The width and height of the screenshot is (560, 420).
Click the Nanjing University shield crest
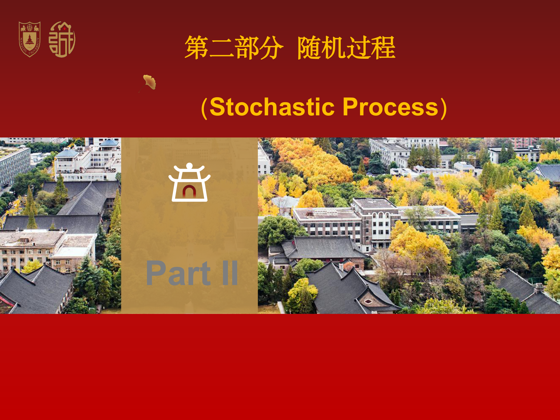pyautogui.click(x=30, y=39)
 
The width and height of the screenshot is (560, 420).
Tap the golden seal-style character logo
pyautogui.click(x=62, y=39)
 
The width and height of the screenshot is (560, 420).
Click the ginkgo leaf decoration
pyautogui.click(x=148, y=83)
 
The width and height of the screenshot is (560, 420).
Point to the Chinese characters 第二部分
pyautogui.click(x=234, y=48)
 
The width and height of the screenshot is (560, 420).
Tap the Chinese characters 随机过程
pyautogui.click(x=346, y=48)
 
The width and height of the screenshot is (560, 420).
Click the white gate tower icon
pyautogui.click(x=189, y=182)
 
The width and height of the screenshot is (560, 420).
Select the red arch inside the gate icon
pyautogui.click(x=189, y=191)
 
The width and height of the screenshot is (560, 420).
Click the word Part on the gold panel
pyautogui.click(x=178, y=273)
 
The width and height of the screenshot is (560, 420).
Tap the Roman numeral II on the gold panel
pyautogui.click(x=230, y=273)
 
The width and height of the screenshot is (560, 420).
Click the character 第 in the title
pyautogui.click(x=197, y=48)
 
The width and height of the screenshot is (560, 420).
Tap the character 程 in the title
pyautogui.click(x=384, y=48)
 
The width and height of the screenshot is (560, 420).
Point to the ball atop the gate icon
pyautogui.click(x=189, y=166)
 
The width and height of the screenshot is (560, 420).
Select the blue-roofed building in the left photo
pyautogui.click(x=109, y=144)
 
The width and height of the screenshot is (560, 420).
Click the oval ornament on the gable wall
pyautogui.click(x=368, y=302)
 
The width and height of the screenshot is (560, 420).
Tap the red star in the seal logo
pyautogui.click(x=65, y=28)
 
